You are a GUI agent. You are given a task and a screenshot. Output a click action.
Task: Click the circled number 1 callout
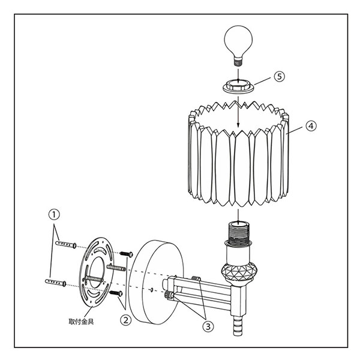(x=54, y=215)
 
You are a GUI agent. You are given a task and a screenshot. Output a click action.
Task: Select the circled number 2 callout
(x=126, y=320)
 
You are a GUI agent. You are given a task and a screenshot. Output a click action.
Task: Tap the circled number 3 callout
(x=208, y=326)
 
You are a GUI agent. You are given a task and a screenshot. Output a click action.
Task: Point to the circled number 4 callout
(x=311, y=126)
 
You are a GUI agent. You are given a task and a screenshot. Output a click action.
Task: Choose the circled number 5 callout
(x=279, y=76)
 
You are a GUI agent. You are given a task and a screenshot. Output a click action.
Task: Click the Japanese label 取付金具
(x=81, y=322)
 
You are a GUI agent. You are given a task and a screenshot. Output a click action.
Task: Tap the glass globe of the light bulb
(x=238, y=41)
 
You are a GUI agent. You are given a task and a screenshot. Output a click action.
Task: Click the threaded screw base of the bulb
(x=238, y=62)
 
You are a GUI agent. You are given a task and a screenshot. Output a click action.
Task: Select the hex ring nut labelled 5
(x=238, y=86)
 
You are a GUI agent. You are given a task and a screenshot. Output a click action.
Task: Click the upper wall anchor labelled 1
(x=66, y=245)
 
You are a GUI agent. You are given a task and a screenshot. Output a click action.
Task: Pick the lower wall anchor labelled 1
(x=56, y=283)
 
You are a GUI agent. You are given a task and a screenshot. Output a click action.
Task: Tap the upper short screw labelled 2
(x=126, y=254)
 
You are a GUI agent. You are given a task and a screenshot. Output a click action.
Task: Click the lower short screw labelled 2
(x=116, y=293)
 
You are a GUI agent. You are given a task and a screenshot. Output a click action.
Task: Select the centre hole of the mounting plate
(x=96, y=272)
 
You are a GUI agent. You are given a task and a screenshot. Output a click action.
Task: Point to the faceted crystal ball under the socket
(x=238, y=272)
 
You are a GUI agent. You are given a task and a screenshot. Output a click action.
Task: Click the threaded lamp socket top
(x=238, y=230)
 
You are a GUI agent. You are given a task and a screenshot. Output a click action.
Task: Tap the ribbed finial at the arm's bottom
(x=238, y=326)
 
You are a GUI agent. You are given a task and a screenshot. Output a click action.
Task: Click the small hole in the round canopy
(x=152, y=290)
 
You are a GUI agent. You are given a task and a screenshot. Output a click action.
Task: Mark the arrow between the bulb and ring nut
(x=238, y=74)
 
